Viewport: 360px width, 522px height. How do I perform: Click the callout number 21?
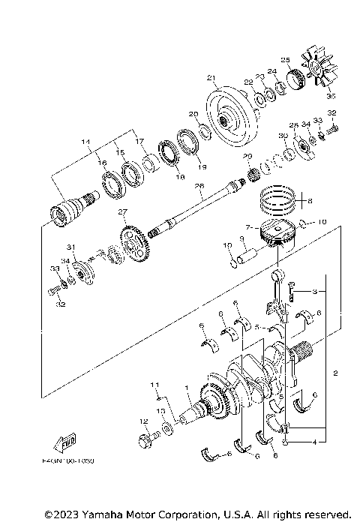(x=211, y=77)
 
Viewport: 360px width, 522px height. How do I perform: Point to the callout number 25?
(x=285, y=59)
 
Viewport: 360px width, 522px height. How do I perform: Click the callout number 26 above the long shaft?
(x=199, y=187)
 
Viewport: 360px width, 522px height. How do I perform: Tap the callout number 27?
(x=122, y=211)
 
